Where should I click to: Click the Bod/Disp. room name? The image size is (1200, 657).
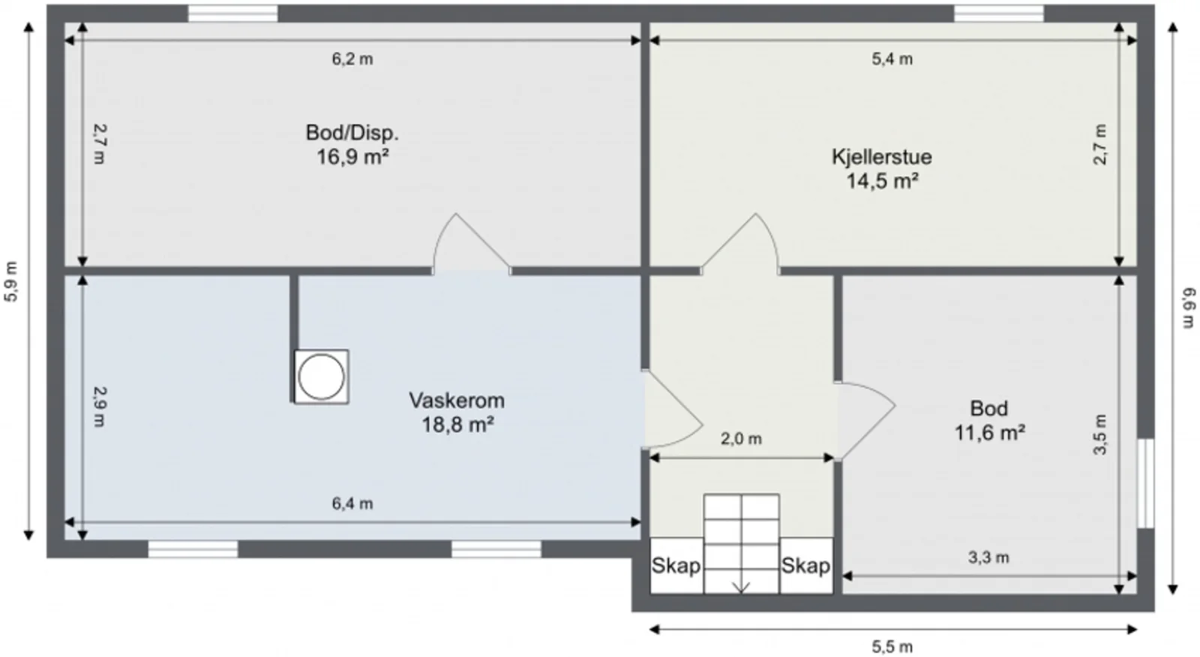coord(352,133)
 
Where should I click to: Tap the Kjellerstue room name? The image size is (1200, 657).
coord(882,157)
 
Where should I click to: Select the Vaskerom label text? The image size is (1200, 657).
coord(457,400)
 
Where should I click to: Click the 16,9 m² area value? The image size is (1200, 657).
coord(352,157)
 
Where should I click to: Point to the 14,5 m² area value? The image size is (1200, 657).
coord(882,181)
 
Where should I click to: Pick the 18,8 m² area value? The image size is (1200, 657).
coord(457,425)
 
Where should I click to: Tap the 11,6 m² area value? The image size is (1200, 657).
coord(989,433)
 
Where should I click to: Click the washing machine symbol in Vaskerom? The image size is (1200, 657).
coord(322,376)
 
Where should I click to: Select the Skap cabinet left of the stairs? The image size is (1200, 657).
coord(676,566)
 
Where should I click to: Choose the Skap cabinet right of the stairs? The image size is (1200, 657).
coord(806,566)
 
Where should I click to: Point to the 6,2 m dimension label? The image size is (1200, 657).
coord(352,59)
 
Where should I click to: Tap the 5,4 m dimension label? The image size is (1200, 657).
coord(892,59)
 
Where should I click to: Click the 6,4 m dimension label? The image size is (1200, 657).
coord(352,504)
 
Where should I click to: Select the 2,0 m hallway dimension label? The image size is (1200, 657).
coord(741,439)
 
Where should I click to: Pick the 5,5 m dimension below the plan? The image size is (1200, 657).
coord(892,646)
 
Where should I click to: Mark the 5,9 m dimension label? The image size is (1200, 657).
coord(11,281)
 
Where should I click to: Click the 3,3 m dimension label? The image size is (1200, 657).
coord(988,558)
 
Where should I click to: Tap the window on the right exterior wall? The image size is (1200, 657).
coord(1145,483)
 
